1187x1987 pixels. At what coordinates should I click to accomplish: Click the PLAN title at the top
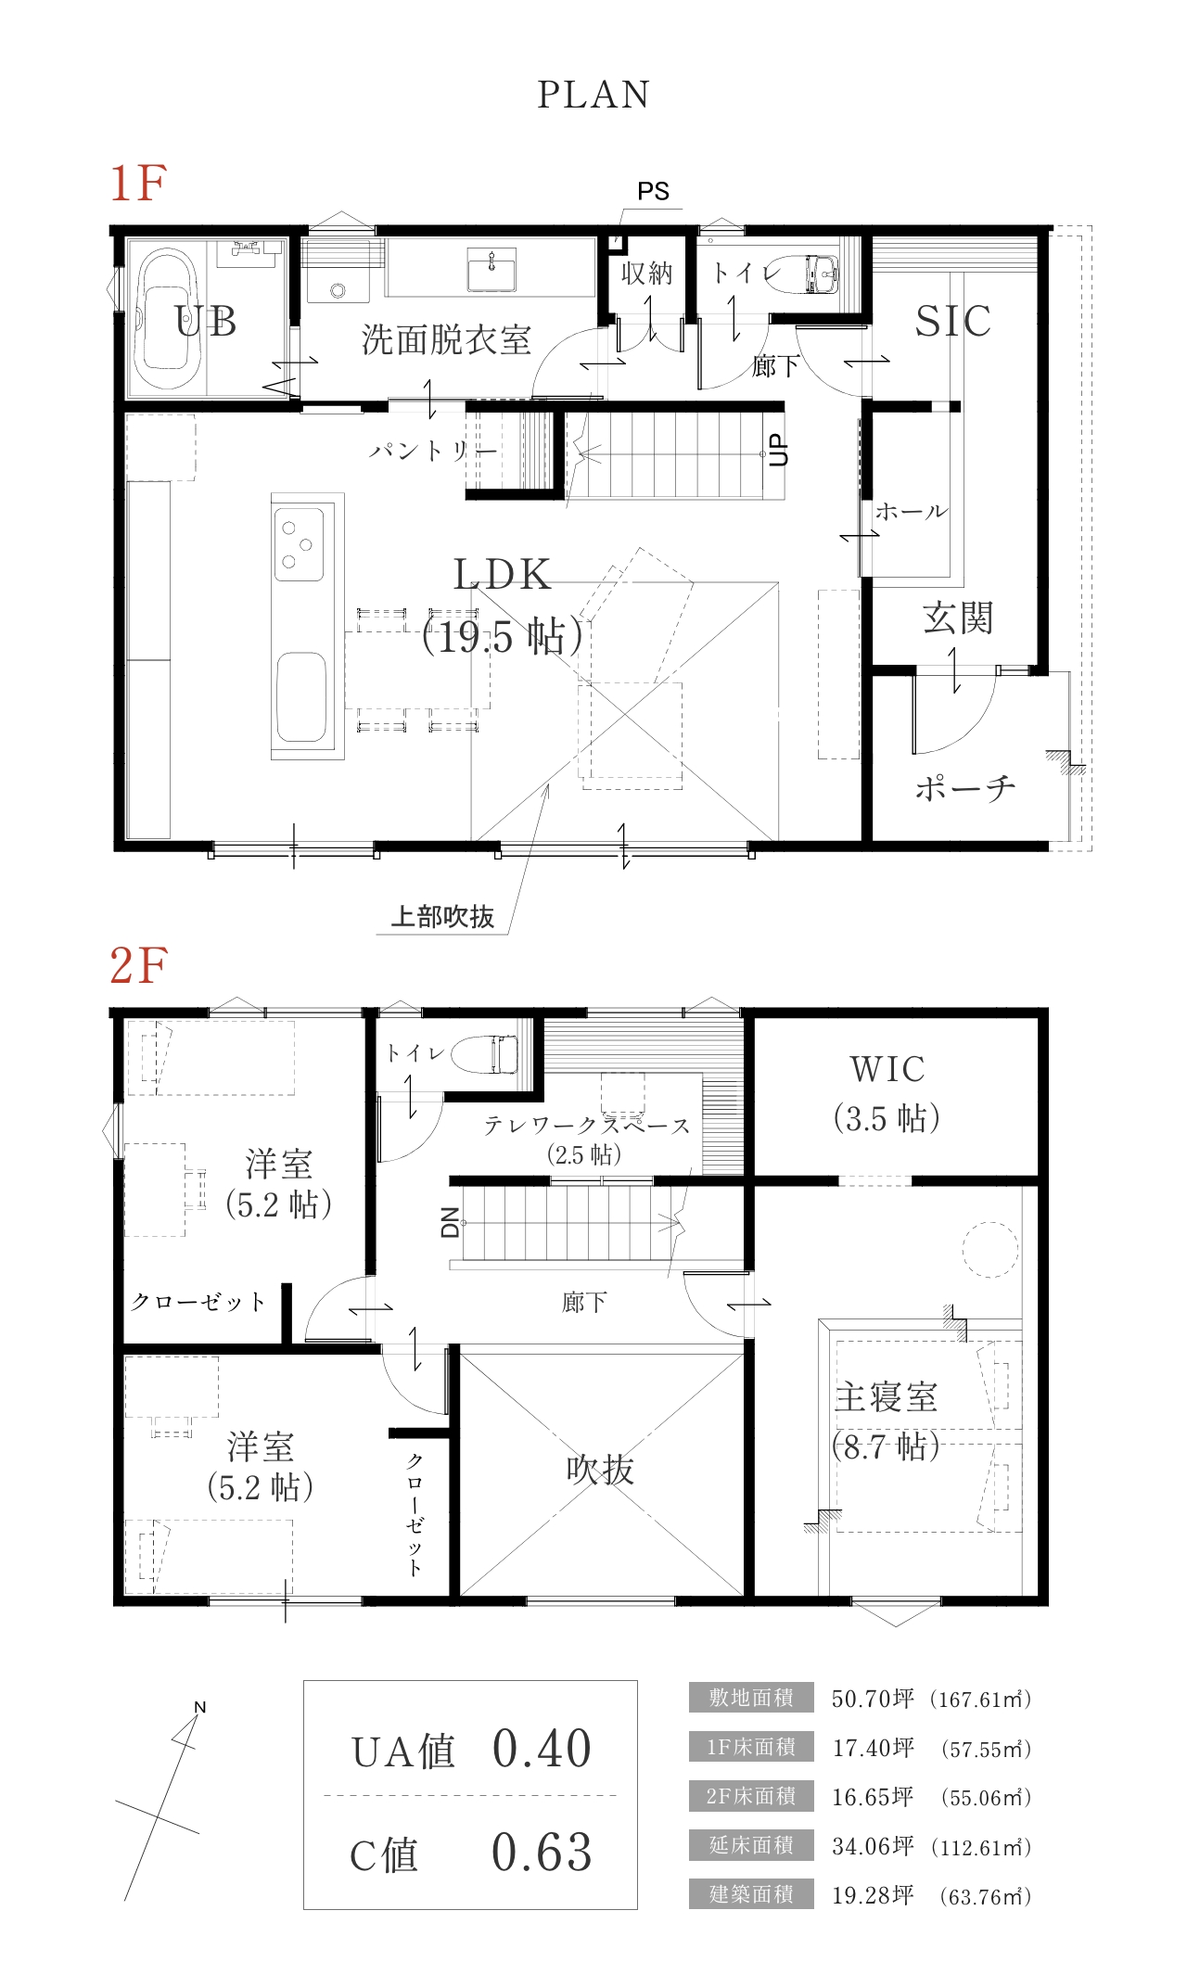[x=593, y=95]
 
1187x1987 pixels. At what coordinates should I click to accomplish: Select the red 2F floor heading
[x=138, y=965]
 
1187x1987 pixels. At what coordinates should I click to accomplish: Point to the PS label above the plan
[x=653, y=191]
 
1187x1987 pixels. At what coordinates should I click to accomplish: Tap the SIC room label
[x=953, y=321]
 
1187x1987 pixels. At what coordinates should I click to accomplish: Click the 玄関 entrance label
[x=958, y=618]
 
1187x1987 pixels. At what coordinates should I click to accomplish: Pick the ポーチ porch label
[x=965, y=788]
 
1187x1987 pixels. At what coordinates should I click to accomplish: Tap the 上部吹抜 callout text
[x=442, y=917]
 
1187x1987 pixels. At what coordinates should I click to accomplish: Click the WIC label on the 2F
[x=887, y=1069]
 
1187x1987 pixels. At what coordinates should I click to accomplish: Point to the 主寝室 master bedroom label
[x=886, y=1397]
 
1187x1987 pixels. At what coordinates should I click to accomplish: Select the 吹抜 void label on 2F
[x=600, y=1470]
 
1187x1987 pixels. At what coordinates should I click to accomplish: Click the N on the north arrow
[x=199, y=1707]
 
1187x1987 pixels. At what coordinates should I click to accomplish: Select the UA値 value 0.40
[x=542, y=1749]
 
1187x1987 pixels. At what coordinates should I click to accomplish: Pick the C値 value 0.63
[x=542, y=1853]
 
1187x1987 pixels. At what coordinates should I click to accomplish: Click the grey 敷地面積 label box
[x=751, y=1697]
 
